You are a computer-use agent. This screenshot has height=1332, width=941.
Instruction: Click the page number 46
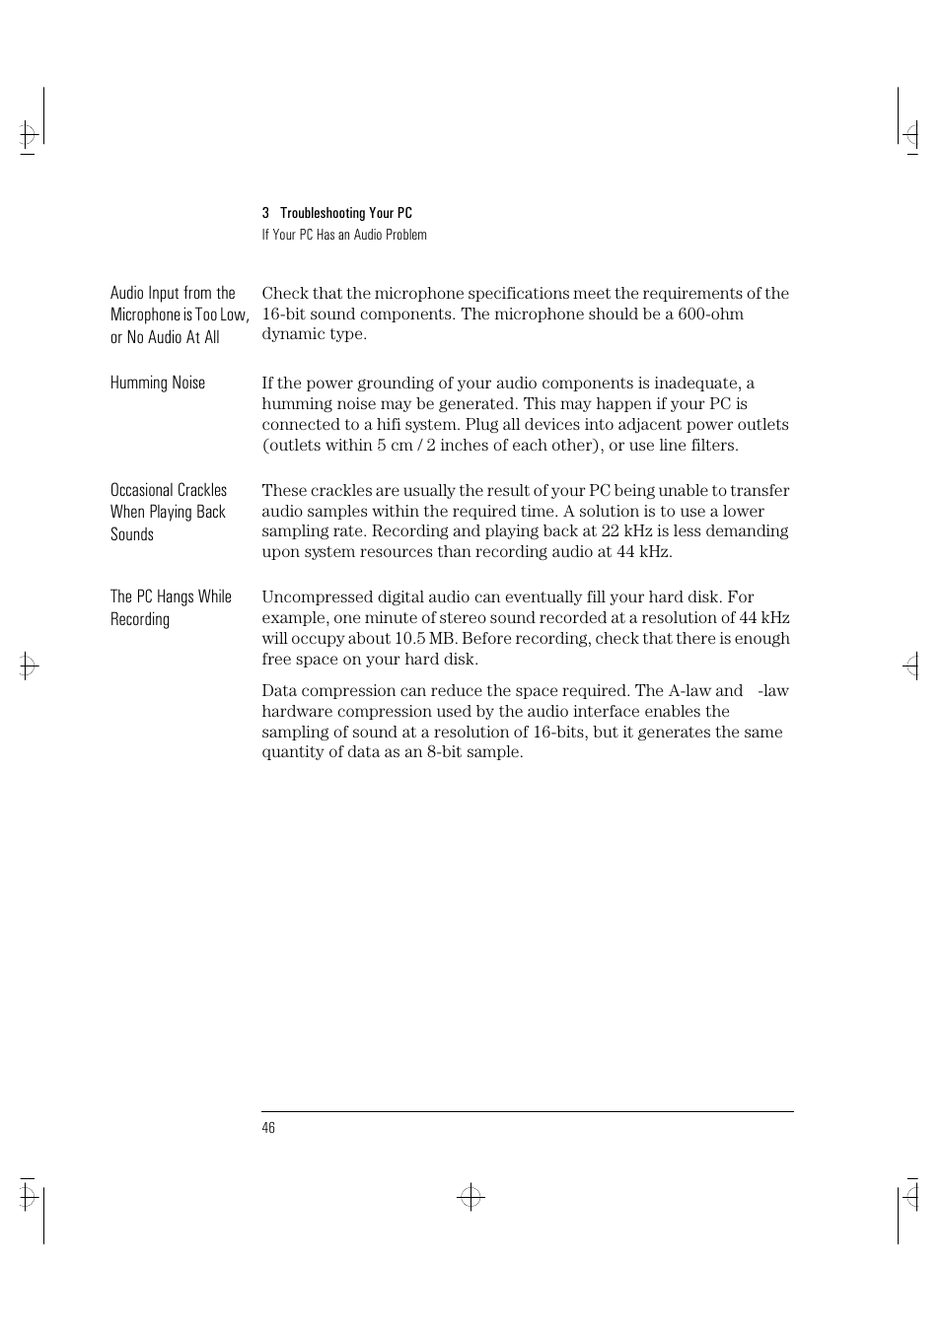(x=268, y=1128)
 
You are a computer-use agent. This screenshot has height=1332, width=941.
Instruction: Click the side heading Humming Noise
(x=158, y=383)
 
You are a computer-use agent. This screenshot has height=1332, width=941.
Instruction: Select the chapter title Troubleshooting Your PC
(x=346, y=213)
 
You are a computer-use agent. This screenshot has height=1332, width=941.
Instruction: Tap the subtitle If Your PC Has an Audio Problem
(x=344, y=235)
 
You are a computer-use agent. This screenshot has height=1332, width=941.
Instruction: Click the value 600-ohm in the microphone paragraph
(x=710, y=314)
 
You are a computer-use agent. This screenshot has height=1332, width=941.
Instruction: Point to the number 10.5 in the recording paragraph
(x=409, y=638)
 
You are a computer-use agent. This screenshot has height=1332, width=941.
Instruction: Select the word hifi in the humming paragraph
(x=389, y=424)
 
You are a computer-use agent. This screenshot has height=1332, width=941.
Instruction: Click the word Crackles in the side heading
(x=202, y=490)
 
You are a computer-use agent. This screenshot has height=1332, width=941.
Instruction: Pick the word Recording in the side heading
(x=140, y=619)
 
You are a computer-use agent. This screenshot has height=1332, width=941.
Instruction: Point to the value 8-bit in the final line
(x=447, y=751)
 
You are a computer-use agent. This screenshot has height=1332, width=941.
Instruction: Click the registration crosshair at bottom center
(x=470, y=1197)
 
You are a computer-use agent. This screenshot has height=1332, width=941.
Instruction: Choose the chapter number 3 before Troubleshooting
(x=265, y=213)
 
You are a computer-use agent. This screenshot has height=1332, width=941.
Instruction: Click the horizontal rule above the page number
(x=527, y=1112)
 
